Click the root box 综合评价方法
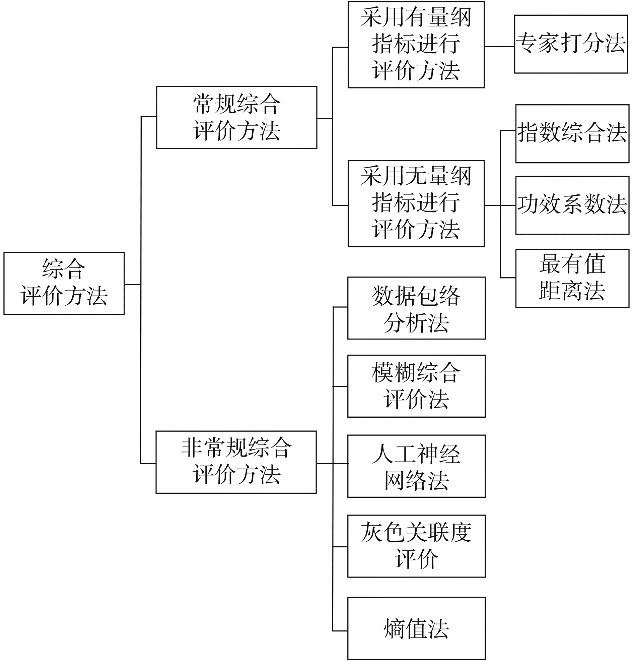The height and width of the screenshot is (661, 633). point(64,283)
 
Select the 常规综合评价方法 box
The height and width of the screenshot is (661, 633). point(236,117)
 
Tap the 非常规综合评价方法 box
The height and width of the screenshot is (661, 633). point(236,462)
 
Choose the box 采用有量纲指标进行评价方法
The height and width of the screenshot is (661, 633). point(416,45)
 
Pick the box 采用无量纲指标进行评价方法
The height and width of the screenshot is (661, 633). point(416,203)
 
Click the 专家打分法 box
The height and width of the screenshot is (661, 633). point(571,44)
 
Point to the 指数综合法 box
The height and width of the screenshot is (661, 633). point(572,133)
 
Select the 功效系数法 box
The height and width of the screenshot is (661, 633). point(572,205)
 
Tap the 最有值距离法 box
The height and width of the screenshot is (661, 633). point(572,278)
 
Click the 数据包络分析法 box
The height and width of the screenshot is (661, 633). point(416,308)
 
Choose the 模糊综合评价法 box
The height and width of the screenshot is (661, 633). point(416,386)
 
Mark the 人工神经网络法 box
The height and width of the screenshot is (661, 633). point(416,466)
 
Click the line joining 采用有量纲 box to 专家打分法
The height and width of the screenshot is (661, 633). point(499,47)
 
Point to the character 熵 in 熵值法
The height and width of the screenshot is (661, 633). point(394,628)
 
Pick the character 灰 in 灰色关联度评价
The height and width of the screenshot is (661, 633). point(371,533)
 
